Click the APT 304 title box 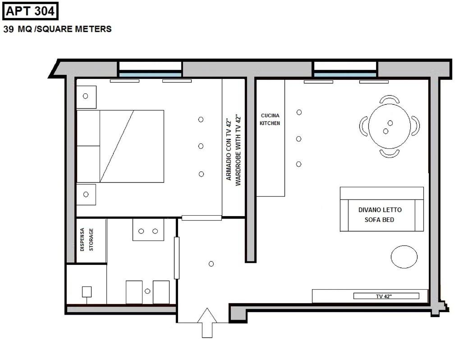point(30,11)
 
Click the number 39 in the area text point(9,29)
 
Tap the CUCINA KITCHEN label point(270,119)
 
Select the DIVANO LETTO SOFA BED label point(380,214)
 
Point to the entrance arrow point(207,323)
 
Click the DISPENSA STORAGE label point(87,240)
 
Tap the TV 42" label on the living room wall point(384,296)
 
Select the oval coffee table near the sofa point(404,257)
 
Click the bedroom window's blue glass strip point(150,75)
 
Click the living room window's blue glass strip point(345,75)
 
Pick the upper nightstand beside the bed point(86,97)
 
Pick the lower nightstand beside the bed point(86,194)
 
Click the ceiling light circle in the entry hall point(211,264)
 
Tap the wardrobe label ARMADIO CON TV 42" point(229,149)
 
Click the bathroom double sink point(148,230)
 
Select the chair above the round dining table point(390,98)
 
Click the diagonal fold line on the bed point(117,146)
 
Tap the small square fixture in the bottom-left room point(87,291)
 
